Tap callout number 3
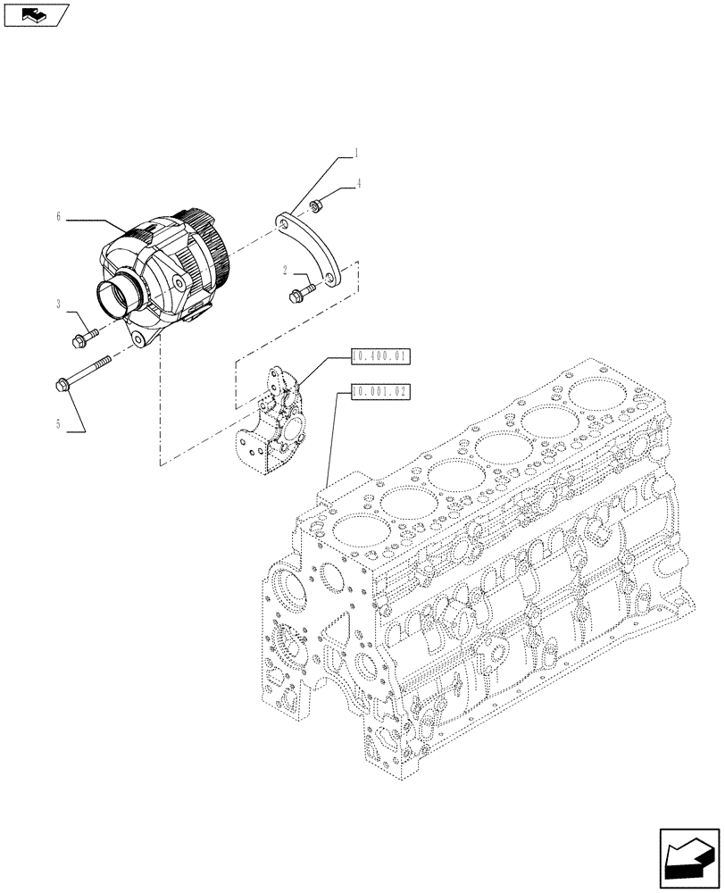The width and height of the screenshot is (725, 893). [x=58, y=305]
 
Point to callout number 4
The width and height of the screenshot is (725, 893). [x=358, y=185]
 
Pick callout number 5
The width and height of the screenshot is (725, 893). [x=58, y=423]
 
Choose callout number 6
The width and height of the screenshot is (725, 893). [x=58, y=216]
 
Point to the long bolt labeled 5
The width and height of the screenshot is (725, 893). [x=85, y=373]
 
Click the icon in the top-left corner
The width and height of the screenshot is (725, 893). [x=35, y=13]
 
